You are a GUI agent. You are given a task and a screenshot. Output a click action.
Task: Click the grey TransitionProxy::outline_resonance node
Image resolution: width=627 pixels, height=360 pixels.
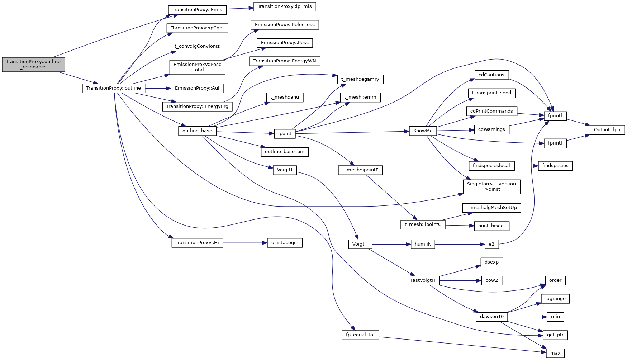coord(33,65)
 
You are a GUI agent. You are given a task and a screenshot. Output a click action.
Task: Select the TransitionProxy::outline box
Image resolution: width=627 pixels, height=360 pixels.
coord(114,88)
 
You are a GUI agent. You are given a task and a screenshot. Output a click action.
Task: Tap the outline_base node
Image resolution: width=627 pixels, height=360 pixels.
coord(197,131)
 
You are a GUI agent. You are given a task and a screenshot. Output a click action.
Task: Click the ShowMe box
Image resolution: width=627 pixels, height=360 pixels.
coord(423,131)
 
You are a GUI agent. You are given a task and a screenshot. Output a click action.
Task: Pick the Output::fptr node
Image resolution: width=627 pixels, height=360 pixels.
coord(607,130)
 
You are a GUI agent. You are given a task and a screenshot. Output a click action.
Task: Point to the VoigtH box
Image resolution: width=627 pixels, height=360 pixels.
coord(360,244)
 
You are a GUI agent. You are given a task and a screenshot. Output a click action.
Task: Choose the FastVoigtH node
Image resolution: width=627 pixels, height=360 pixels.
coord(423,280)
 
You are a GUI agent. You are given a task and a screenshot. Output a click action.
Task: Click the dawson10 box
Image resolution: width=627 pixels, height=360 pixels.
coord(491,317)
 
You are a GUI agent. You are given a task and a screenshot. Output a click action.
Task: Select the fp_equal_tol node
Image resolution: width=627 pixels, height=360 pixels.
coord(360,335)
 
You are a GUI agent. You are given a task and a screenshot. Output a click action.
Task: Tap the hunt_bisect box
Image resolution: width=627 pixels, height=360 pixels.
coord(491,226)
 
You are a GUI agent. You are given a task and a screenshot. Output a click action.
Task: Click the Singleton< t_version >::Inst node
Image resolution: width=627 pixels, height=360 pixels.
coord(491,186)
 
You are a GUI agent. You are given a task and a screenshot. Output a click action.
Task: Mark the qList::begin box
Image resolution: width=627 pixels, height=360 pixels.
coord(285,243)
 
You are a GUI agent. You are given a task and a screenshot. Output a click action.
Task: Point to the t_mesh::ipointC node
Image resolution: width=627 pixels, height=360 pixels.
coord(423,224)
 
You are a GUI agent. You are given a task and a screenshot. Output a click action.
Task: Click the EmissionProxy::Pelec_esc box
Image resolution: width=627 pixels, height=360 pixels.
coord(285,25)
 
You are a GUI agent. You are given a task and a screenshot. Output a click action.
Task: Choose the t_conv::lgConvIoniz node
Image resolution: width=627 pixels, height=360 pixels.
coord(197,46)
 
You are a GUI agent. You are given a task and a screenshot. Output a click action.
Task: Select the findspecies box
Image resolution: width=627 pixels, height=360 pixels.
coord(555,166)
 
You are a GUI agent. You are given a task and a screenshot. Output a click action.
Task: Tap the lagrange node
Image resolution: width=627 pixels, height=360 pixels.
coord(555,299)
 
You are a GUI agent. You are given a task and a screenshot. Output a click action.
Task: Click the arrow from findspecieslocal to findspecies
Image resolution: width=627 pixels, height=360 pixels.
coord(526,166)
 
